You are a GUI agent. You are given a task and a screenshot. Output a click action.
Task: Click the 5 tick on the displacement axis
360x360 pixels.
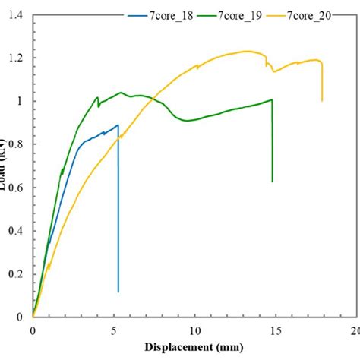[x=113, y=331]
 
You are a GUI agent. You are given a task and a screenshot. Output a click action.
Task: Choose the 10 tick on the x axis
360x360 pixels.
[x=194, y=331]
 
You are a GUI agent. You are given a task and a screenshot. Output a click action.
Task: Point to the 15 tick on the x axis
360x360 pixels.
[x=275, y=331]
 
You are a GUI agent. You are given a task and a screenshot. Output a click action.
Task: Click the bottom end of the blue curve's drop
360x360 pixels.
[x=118, y=292]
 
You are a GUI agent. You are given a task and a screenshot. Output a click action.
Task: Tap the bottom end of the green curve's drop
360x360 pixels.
[x=272, y=182]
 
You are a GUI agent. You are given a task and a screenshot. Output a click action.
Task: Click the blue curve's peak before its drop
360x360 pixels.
[x=118, y=125]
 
